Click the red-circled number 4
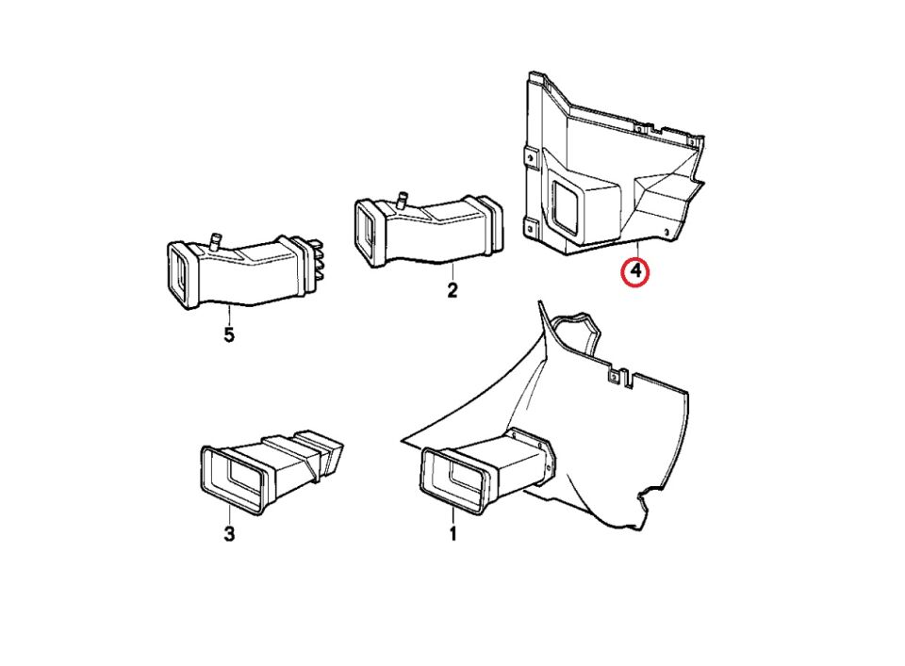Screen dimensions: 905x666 [x=634, y=271]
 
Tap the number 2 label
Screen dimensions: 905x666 [x=452, y=290]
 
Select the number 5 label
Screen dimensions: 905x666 [x=229, y=334]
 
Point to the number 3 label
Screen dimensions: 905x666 [x=229, y=534]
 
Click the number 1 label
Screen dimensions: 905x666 [x=453, y=534]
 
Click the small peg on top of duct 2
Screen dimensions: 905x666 [x=402, y=200]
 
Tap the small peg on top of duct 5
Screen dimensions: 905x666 [x=215, y=240]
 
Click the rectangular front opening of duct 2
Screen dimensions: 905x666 [x=366, y=232]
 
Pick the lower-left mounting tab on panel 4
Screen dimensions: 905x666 [x=530, y=228]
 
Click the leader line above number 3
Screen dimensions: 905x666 [x=230, y=513]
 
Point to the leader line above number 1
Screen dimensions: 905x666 [x=453, y=517]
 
